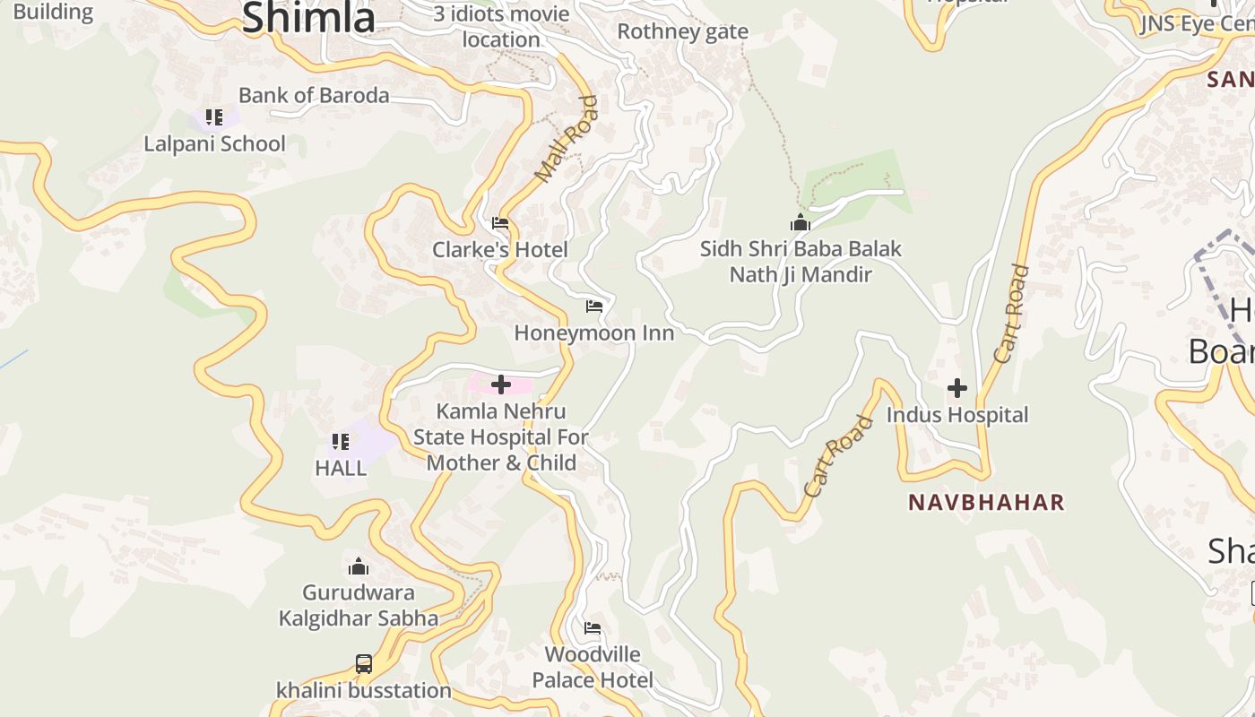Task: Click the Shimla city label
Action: coord(307,18)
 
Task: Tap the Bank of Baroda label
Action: coord(314,95)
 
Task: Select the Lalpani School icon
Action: coord(214,117)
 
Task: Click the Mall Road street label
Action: coord(566,139)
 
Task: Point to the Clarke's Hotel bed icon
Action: coord(500,223)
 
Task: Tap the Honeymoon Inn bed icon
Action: coord(593,307)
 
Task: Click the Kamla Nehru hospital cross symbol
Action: coord(501,385)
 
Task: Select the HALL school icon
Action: coord(341,441)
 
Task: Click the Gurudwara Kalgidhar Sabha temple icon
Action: coord(359,566)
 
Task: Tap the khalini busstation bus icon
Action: coord(363,664)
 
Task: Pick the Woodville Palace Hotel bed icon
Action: coord(593,628)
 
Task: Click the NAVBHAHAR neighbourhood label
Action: coord(986,502)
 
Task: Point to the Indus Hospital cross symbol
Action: coord(957,388)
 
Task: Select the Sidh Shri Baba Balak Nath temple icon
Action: coord(800,222)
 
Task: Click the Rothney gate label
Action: coord(682,31)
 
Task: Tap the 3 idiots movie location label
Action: coord(501,27)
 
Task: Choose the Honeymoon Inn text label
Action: coord(593,333)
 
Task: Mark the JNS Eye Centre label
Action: coord(1196,23)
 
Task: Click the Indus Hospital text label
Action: coord(957,415)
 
